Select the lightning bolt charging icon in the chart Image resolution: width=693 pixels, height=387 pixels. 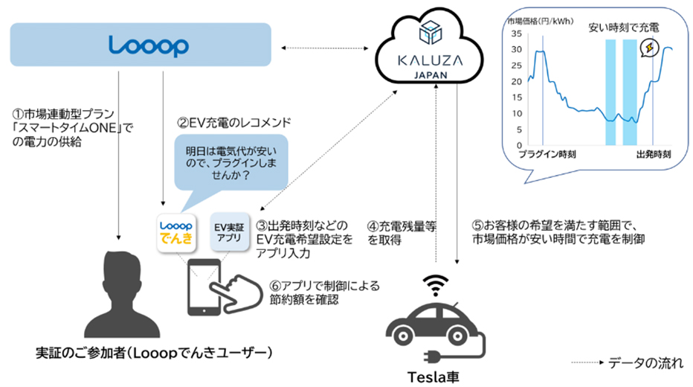[x=651, y=48]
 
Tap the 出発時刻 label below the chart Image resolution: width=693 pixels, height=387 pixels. [x=654, y=156]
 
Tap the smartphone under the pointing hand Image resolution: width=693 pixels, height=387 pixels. [x=204, y=289]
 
